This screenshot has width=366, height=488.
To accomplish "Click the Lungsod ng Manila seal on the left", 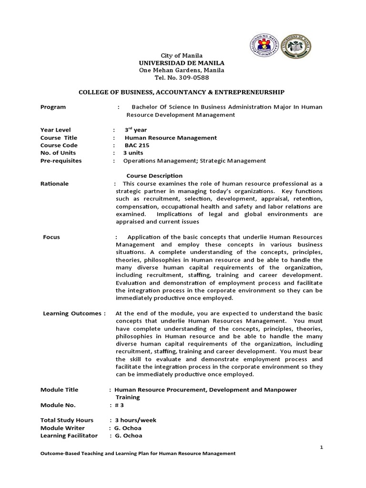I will click(263, 46).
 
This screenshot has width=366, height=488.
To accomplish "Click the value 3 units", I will click(134, 153).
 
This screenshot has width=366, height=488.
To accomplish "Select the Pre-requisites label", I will click(61, 161).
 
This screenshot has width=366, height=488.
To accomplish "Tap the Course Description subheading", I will click(154, 176).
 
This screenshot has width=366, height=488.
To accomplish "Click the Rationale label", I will click(54, 183).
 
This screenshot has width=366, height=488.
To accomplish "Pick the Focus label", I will click(51, 237).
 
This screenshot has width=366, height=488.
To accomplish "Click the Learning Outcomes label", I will click(74, 313).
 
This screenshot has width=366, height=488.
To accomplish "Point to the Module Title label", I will click(59, 390).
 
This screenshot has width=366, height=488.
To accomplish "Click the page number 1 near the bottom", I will click(322, 447).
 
